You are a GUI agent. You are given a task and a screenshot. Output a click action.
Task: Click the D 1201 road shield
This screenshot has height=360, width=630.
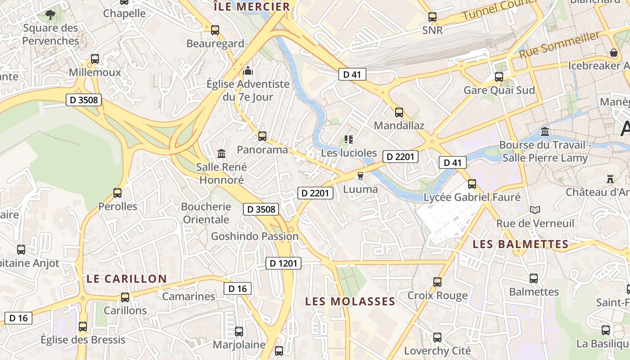tap(283, 263)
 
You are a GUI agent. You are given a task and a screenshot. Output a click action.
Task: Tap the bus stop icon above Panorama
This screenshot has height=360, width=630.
tap(262, 136)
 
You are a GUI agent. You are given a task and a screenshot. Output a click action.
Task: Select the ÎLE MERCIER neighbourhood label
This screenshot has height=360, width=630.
tap(252, 7)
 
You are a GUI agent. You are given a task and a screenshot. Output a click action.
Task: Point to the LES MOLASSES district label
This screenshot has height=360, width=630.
tap(350, 301)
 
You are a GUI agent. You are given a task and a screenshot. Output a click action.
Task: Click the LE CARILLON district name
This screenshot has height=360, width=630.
tap(126, 279)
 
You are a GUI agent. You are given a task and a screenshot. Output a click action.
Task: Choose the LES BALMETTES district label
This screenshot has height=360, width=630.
tap(521, 244)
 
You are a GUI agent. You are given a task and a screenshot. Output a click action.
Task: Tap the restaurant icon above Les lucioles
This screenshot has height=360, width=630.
tap(348, 139)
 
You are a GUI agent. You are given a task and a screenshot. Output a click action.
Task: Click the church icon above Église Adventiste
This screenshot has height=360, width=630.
tap(248, 71)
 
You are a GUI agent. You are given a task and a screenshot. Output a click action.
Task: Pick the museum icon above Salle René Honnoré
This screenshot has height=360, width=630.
tap(221, 154)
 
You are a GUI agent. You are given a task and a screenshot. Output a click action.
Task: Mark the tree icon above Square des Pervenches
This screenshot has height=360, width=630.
tap(50, 15)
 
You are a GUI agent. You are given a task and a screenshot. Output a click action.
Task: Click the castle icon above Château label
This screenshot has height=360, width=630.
tap(610, 179)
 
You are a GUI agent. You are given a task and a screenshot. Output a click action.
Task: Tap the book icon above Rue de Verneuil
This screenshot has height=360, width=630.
tap(535, 210)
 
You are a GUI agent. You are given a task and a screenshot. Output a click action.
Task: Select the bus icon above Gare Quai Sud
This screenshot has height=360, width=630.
tap(499, 76)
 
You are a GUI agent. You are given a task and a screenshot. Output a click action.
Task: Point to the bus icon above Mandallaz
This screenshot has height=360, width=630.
tap(399, 112)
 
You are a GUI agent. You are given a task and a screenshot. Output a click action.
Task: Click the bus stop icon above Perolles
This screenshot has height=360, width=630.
tap(117, 193)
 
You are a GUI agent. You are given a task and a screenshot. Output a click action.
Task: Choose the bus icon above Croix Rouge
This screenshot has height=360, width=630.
tap(437, 282)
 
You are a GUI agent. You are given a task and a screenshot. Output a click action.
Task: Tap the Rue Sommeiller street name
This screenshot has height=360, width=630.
tap(559, 45)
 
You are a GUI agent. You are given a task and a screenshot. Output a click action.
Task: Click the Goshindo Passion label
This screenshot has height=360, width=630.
tap(255, 236)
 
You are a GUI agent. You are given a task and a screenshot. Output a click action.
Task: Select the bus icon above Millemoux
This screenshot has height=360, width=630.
tap(95, 59)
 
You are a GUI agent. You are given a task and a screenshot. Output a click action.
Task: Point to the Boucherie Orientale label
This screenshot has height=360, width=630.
tap(207, 213)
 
